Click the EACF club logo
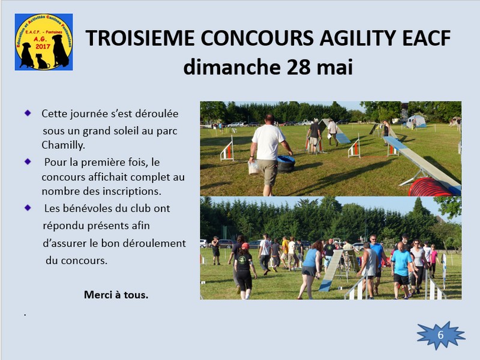click(x=44, y=42)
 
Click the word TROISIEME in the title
click(x=140, y=38)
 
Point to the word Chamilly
click(x=63, y=145)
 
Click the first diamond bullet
click(x=28, y=113)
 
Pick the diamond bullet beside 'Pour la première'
click(x=28, y=161)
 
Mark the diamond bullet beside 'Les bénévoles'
click(x=28, y=208)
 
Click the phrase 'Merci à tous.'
click(x=116, y=295)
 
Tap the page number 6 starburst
click(x=441, y=335)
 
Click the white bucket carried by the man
click(x=254, y=167)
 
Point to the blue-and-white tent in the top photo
click(x=416, y=122)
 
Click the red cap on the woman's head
click(x=245, y=245)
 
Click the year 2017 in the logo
click(x=43, y=46)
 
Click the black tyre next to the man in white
click(x=286, y=163)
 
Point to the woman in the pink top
click(x=433, y=261)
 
